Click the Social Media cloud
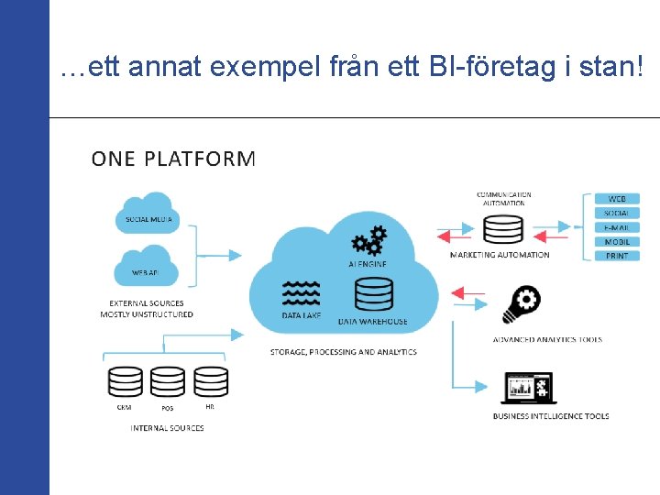click(148, 212)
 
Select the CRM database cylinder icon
click(125, 381)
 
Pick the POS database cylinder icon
click(168, 381)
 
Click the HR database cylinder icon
click(210, 381)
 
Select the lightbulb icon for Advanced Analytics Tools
click(521, 305)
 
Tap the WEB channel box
click(617, 199)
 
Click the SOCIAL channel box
click(617, 214)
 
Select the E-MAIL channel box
click(617, 227)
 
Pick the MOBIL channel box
click(617, 242)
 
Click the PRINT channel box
click(617, 256)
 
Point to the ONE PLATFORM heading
click(173, 159)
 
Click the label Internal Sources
click(167, 428)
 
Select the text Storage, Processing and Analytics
click(343, 352)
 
